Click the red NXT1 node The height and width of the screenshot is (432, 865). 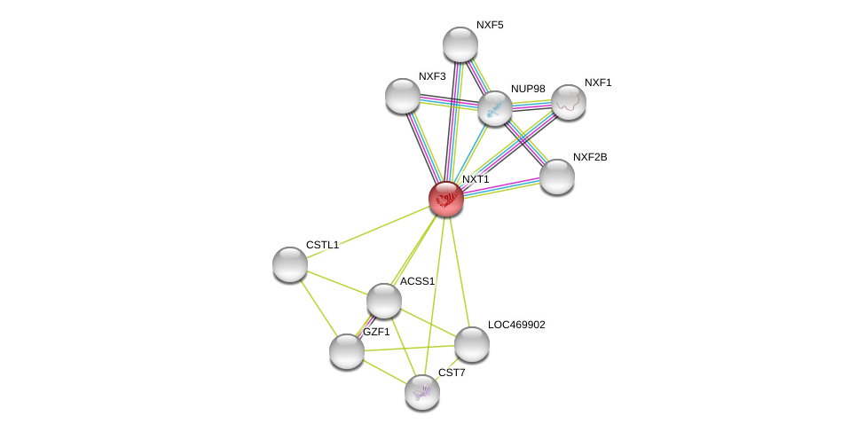(x=445, y=199)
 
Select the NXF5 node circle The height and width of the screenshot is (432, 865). (x=460, y=44)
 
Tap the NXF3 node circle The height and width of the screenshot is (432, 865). (x=402, y=96)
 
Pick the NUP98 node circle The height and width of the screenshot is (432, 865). (x=494, y=108)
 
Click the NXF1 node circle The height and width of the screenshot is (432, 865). (x=568, y=102)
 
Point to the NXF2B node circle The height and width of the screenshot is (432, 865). (x=556, y=177)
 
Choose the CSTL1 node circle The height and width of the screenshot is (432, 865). (x=289, y=264)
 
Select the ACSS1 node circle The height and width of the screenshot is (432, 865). (x=383, y=301)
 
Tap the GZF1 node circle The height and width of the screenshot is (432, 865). (x=346, y=351)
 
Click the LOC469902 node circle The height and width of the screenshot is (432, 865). (x=471, y=344)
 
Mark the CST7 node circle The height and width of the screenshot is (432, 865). (x=421, y=392)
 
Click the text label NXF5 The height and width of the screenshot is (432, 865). (x=489, y=25)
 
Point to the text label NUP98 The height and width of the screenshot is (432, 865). (x=528, y=89)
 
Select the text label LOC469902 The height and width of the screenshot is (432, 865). (x=516, y=325)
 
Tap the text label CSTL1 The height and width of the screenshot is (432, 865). (x=322, y=245)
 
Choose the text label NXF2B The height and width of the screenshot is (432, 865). (x=590, y=157)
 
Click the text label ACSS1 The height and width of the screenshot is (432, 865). (x=417, y=281)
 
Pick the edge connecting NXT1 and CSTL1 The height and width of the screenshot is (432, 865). (x=367, y=232)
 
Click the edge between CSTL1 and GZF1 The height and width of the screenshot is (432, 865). (x=318, y=308)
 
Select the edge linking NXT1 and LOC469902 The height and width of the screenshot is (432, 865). (x=459, y=271)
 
